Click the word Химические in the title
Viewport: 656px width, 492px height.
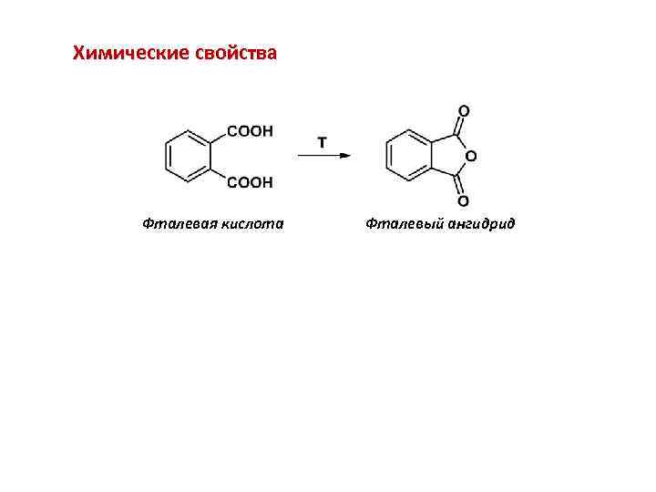click(130, 53)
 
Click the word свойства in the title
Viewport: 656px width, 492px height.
click(236, 53)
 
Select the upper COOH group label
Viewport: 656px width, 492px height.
click(249, 132)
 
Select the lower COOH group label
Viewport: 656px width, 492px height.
click(249, 183)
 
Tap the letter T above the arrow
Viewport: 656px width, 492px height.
click(323, 143)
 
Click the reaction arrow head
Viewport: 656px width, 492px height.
click(346, 156)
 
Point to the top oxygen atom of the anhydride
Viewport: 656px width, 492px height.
click(463, 111)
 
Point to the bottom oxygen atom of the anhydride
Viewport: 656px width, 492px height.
click(463, 200)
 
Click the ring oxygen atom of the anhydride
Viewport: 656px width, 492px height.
click(470, 156)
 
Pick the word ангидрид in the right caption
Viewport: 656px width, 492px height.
click(479, 223)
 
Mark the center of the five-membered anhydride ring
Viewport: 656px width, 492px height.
click(448, 156)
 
